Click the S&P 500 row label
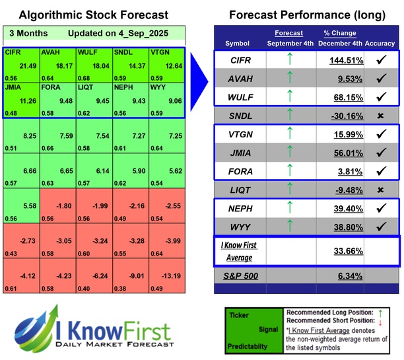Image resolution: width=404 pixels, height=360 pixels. coord(238,277)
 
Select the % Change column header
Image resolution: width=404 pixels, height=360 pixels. coord(339,34)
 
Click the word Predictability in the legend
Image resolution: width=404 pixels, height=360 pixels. coord(246,345)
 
